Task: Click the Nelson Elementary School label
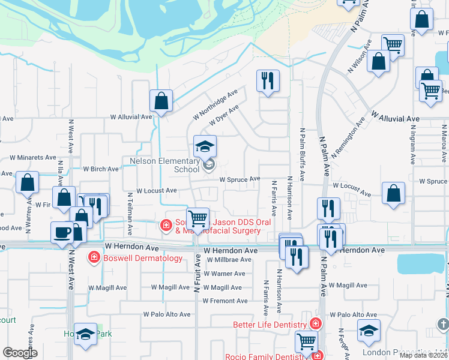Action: (x=164, y=165)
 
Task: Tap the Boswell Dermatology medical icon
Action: (x=94, y=258)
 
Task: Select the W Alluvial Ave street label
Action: (x=130, y=118)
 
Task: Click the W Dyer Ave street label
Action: (x=224, y=115)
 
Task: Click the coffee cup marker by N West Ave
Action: (x=62, y=233)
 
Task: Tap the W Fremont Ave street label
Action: (x=224, y=301)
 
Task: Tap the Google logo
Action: (x=20, y=352)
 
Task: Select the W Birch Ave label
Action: (x=101, y=169)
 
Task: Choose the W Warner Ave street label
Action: (x=224, y=274)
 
